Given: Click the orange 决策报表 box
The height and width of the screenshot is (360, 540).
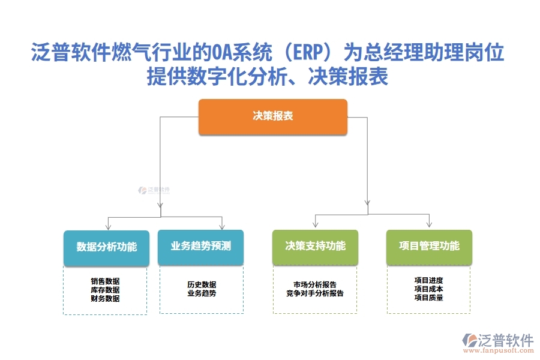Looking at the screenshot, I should tap(273, 116).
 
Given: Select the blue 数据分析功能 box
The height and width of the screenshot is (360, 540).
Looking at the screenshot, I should tap(106, 247).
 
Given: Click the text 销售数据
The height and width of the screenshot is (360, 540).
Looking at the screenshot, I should tap(105, 281).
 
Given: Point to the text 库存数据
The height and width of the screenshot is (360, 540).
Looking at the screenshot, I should tap(105, 289).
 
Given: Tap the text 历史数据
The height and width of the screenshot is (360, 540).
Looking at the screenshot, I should tap(202, 284).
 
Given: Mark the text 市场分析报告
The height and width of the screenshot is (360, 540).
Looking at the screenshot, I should tap(315, 284).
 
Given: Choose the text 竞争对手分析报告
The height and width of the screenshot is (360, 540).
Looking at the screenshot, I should tap(315, 293).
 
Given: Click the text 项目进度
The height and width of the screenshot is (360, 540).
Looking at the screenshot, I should tap(428, 280).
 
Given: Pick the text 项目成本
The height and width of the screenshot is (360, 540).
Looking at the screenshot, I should tap(428, 289).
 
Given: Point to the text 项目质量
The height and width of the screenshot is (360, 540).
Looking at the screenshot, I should tap(428, 297).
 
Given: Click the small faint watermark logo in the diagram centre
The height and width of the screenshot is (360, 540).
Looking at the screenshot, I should tap(154, 190).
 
